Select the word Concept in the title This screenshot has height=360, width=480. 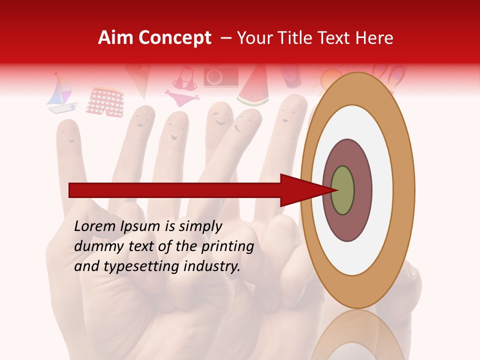pos(174,38)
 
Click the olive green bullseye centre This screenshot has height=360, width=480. pos(342,190)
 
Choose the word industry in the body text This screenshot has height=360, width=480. pos(211,266)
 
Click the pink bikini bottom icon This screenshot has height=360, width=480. pos(180,97)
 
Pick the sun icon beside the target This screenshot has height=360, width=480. pos(327,80)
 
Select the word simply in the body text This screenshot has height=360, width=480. pos(200,226)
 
